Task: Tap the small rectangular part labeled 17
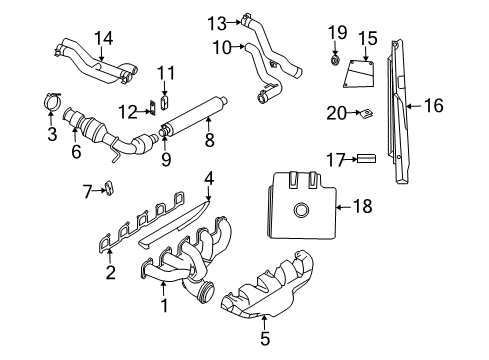pos(364,158)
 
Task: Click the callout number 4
pos(209,179)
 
